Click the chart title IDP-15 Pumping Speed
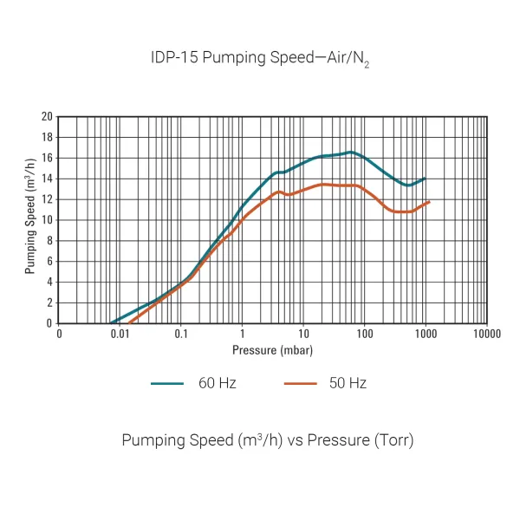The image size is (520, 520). pos(261,59)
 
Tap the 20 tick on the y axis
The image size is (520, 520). pos(47,117)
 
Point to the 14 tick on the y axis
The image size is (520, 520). pos(47,179)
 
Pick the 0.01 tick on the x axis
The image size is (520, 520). pos(120,334)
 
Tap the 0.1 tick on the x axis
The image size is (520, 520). pos(181,334)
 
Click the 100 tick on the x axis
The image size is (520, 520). pos(364,334)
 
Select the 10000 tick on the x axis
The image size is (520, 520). pos(486,334)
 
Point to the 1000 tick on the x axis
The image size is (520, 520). pos(426,334)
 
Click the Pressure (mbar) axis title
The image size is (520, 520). pos(272,350)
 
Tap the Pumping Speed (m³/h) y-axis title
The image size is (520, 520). pos(30,220)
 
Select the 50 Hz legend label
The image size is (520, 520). pos(348,383)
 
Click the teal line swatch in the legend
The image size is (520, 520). pos(170,383)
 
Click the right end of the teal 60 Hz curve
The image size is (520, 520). pos(425,179)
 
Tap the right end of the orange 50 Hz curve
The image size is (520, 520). pos(429,202)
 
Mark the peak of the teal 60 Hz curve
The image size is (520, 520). pos(350,153)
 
